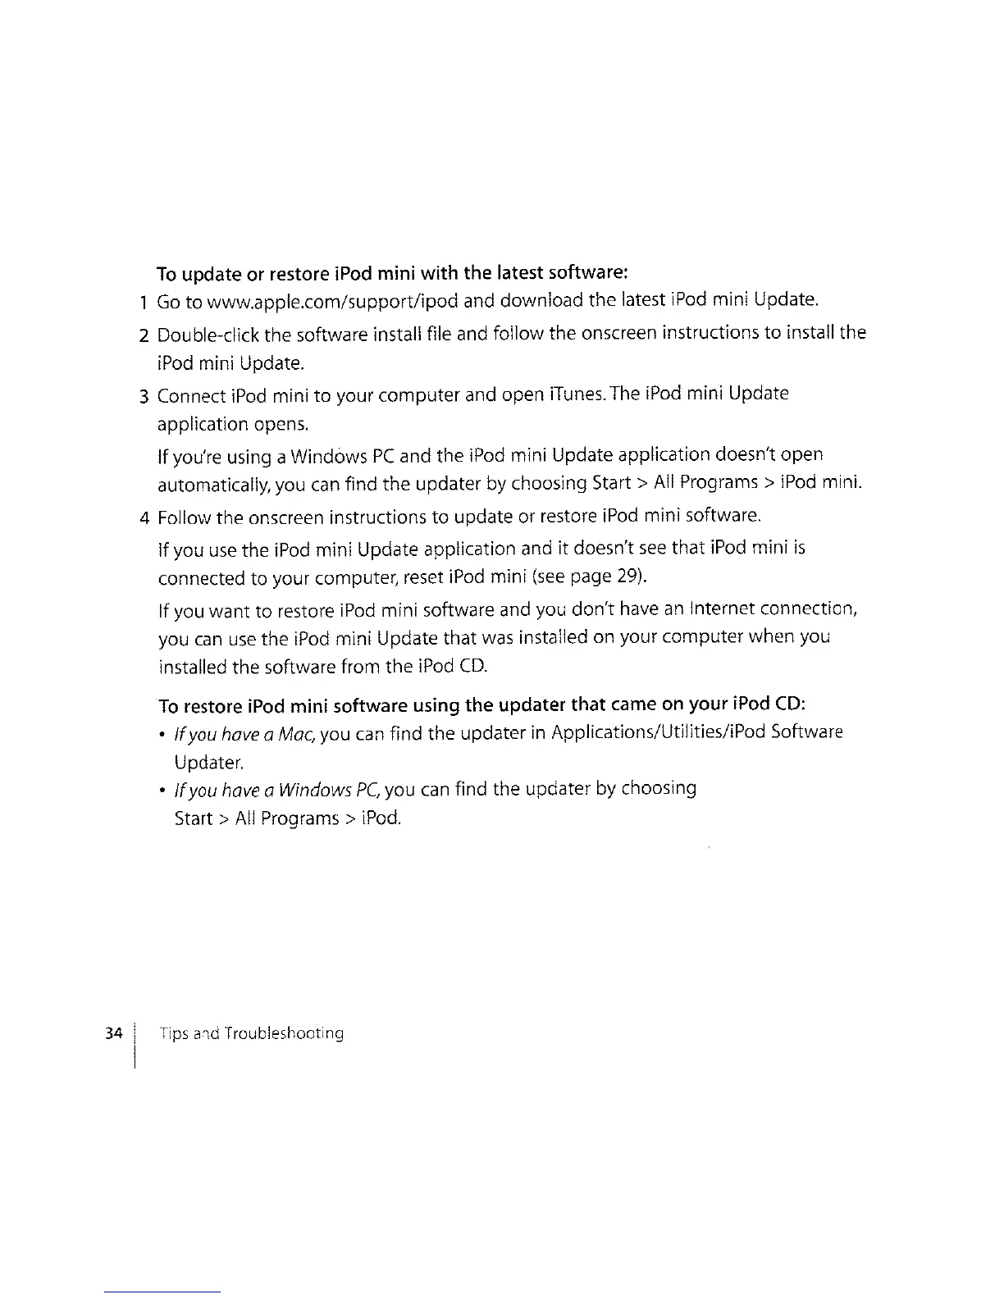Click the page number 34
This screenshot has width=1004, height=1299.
click(x=114, y=1032)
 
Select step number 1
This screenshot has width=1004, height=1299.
click(x=144, y=303)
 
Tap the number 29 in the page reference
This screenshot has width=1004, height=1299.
click(x=627, y=577)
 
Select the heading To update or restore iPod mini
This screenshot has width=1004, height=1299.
click(x=392, y=271)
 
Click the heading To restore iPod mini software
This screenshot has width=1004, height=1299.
click(x=482, y=704)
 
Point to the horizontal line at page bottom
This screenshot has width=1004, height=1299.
click(x=162, y=1292)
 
